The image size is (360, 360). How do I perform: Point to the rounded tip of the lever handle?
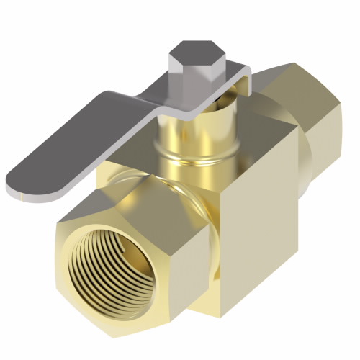point(22,180)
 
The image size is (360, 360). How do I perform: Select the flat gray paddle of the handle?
point(79,144)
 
